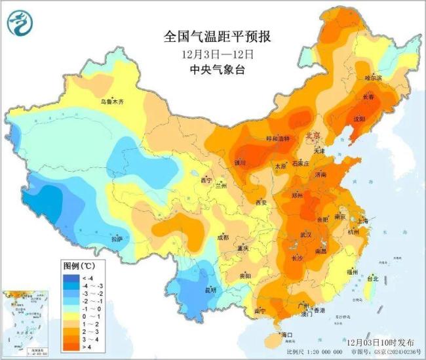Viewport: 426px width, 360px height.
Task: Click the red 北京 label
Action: [x=313, y=136]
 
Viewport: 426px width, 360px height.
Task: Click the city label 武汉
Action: [x=305, y=234]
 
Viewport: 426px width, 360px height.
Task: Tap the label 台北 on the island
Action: [x=372, y=279]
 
